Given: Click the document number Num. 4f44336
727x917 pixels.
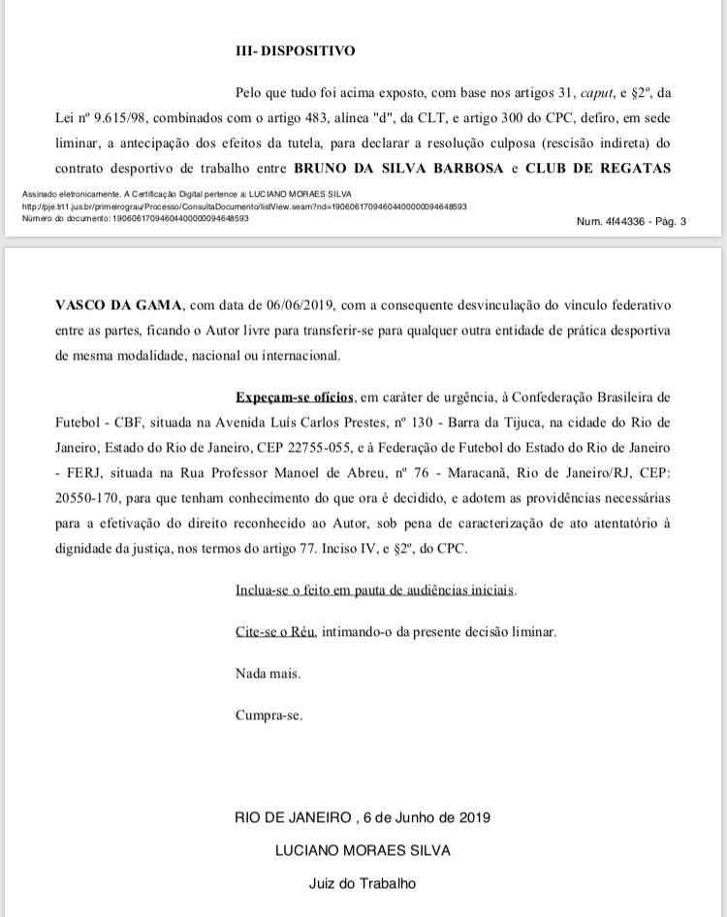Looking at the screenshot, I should (x=608, y=221).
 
